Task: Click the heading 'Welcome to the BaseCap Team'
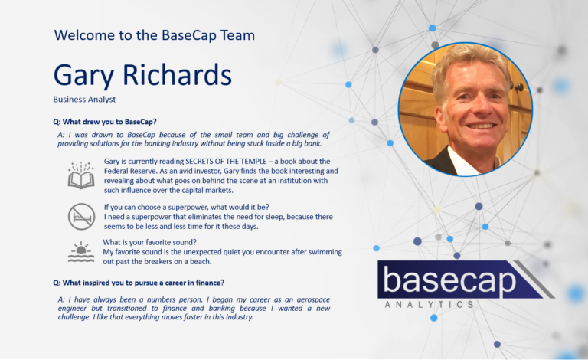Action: tap(155, 35)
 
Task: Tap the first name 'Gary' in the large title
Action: tap(84, 75)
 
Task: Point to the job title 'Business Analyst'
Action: tap(84, 100)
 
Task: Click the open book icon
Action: tap(80, 175)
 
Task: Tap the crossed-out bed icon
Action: tap(80, 217)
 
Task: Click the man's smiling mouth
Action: tap(469, 124)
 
